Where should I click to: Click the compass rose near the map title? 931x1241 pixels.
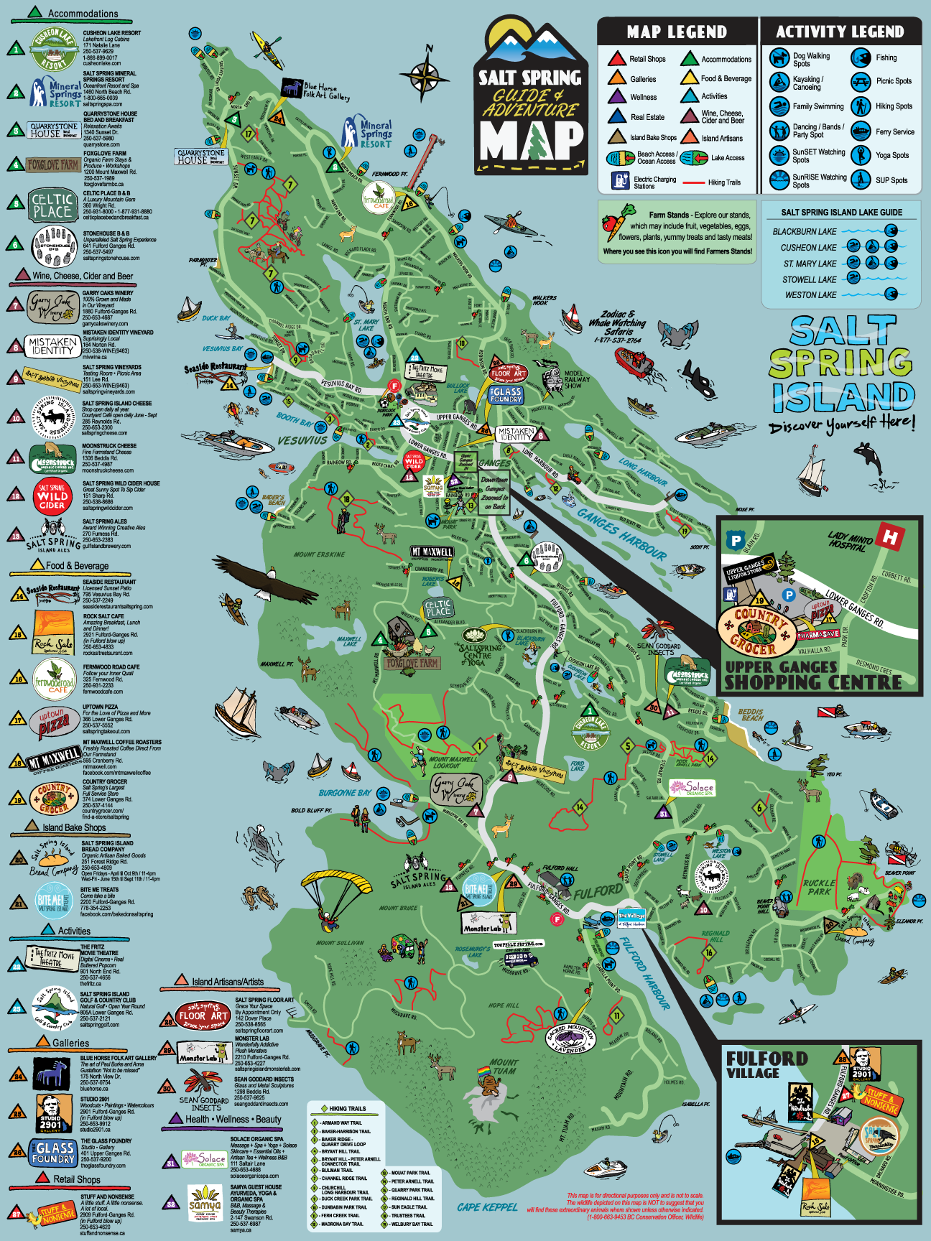pos(425,73)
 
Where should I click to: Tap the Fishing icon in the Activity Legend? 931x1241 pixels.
pos(861,58)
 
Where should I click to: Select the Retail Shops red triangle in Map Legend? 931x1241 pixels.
pos(616,59)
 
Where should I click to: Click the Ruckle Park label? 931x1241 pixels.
pos(819,887)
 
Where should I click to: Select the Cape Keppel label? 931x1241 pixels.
pos(487,1207)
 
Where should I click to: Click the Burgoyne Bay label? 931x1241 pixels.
pos(345,793)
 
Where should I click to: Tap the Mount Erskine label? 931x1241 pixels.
pos(319,554)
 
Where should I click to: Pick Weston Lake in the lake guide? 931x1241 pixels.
pos(810,295)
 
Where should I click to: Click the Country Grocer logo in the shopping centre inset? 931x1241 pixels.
pos(757,630)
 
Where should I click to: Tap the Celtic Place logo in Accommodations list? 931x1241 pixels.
pos(52,205)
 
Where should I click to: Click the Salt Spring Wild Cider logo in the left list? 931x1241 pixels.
pos(52,496)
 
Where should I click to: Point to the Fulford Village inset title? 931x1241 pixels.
pos(766,1064)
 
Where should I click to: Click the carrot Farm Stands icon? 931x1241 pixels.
pos(618,222)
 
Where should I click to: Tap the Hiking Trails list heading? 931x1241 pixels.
pos(347,1109)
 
